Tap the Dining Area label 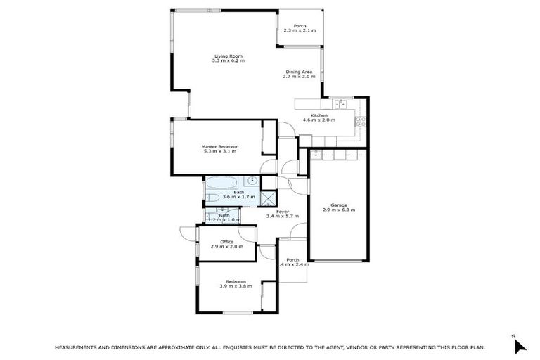pos(295,71)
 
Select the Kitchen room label pos(319,115)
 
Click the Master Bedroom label pos(220,146)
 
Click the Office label pos(226,242)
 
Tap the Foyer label pos(283,211)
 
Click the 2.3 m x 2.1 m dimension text pos(300,31)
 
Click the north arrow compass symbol pos(520,345)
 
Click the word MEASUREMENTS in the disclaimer pos(76,348)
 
